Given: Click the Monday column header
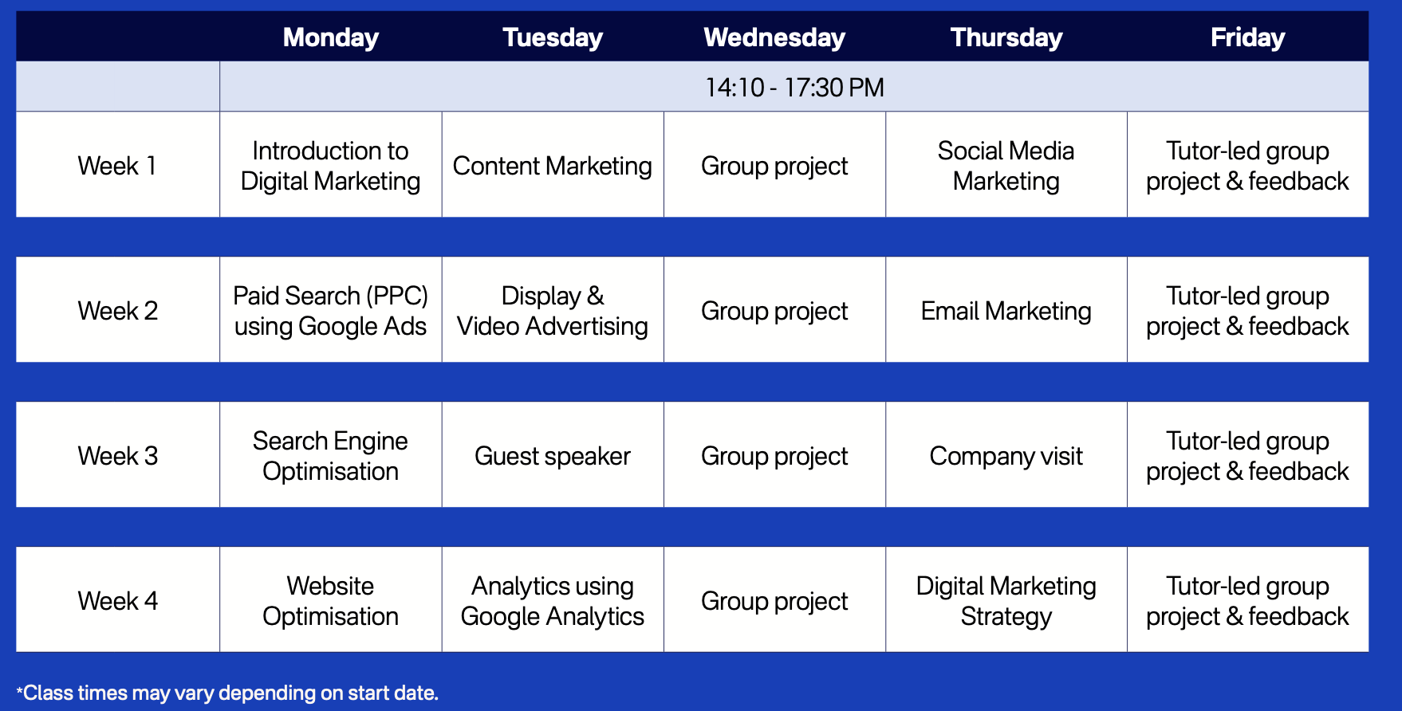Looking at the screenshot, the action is pos(330,37).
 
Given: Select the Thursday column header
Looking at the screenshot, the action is pos(1006,37).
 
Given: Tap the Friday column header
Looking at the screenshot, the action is pos(1247,37).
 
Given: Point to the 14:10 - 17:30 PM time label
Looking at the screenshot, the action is pos(794,87).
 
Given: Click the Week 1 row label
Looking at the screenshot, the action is pos(117,166).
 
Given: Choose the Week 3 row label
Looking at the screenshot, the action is pos(117,456).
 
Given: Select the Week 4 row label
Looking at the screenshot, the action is pos(117,601).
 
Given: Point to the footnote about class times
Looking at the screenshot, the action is pos(227,693).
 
